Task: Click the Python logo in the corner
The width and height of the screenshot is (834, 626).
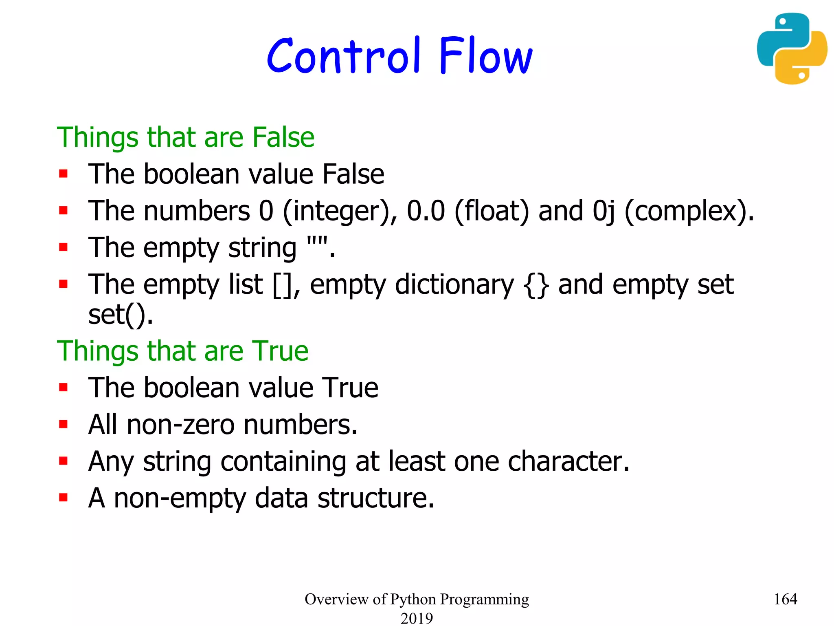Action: tap(791, 48)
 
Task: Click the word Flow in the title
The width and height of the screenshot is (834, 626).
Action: tap(485, 56)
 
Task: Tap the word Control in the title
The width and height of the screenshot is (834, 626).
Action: tap(343, 56)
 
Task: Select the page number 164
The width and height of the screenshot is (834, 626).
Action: tap(785, 599)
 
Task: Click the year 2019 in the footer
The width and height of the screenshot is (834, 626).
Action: tap(417, 618)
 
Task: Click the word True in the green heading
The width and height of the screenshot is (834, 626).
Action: tap(280, 351)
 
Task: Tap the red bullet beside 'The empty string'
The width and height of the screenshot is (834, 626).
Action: tap(63, 247)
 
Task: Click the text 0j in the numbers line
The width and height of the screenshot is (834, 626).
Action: tap(604, 211)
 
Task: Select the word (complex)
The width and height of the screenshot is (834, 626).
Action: tap(689, 211)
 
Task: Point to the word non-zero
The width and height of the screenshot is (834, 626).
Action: tap(180, 425)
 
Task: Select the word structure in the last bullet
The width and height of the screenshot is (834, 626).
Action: tap(375, 498)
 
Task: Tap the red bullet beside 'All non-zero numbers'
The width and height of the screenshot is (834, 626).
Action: tap(63, 424)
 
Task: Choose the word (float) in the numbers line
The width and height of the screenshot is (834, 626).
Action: tap(492, 211)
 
